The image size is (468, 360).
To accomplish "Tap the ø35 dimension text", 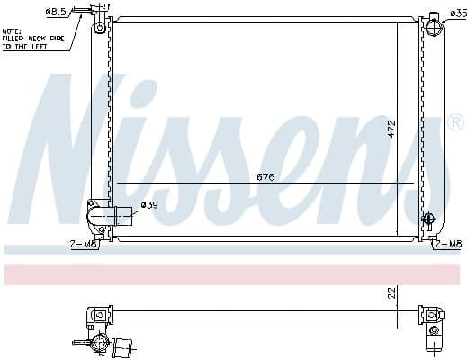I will click(x=457, y=13).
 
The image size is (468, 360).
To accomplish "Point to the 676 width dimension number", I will click(x=265, y=176).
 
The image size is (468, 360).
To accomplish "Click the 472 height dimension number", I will click(x=391, y=128).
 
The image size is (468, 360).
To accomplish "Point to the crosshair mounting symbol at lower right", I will click(x=428, y=219).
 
